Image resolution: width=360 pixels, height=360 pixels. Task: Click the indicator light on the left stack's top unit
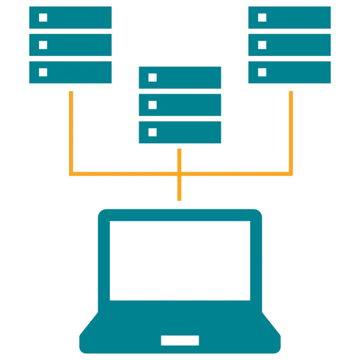tap(43, 18)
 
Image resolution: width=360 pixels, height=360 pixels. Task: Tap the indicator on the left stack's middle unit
tap(43, 45)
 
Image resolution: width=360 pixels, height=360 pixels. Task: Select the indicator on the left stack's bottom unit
tap(43, 72)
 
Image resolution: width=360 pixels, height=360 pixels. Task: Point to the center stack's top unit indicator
tap(152, 78)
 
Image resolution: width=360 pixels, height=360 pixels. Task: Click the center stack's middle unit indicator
tap(152, 105)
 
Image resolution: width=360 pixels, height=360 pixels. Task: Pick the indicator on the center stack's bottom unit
tap(152, 131)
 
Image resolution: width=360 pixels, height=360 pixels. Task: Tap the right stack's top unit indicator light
tap(262, 18)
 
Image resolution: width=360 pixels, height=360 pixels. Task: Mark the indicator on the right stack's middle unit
tap(262, 45)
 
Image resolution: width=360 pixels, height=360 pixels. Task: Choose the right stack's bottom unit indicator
tap(262, 72)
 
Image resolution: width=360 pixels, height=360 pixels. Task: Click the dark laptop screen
tap(180, 261)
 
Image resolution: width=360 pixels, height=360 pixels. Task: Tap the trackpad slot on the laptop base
tap(180, 340)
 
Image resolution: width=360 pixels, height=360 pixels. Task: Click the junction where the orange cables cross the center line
tap(178, 173)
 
